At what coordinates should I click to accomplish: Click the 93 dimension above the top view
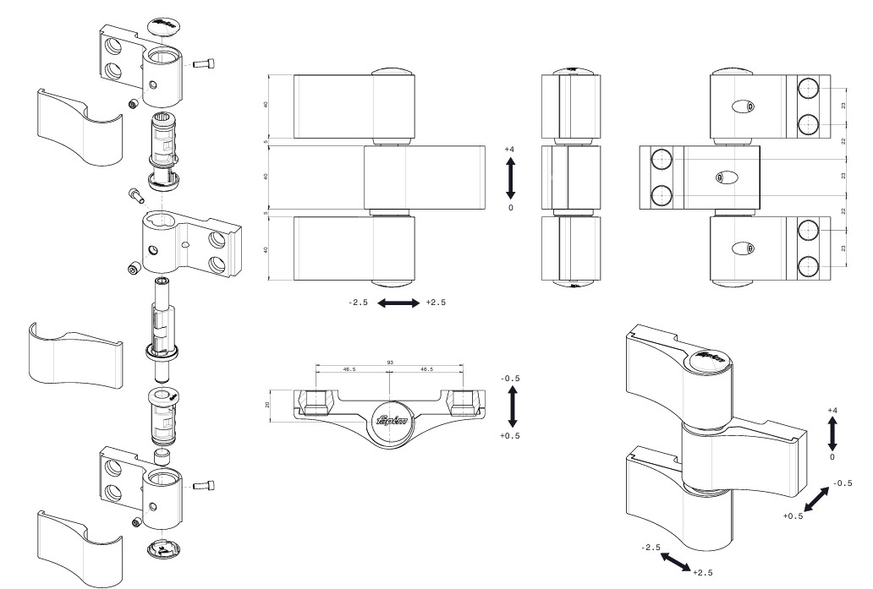click(389, 363)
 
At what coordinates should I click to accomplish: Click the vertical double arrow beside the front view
click(510, 177)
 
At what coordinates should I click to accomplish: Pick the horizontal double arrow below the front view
click(397, 303)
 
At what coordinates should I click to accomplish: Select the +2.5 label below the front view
click(436, 303)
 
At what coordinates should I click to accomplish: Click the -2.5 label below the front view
click(357, 303)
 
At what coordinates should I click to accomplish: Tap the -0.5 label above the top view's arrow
click(510, 378)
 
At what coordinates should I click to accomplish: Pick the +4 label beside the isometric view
click(832, 411)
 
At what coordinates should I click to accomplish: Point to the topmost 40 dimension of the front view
click(267, 106)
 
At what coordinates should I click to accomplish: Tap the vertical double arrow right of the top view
click(510, 406)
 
